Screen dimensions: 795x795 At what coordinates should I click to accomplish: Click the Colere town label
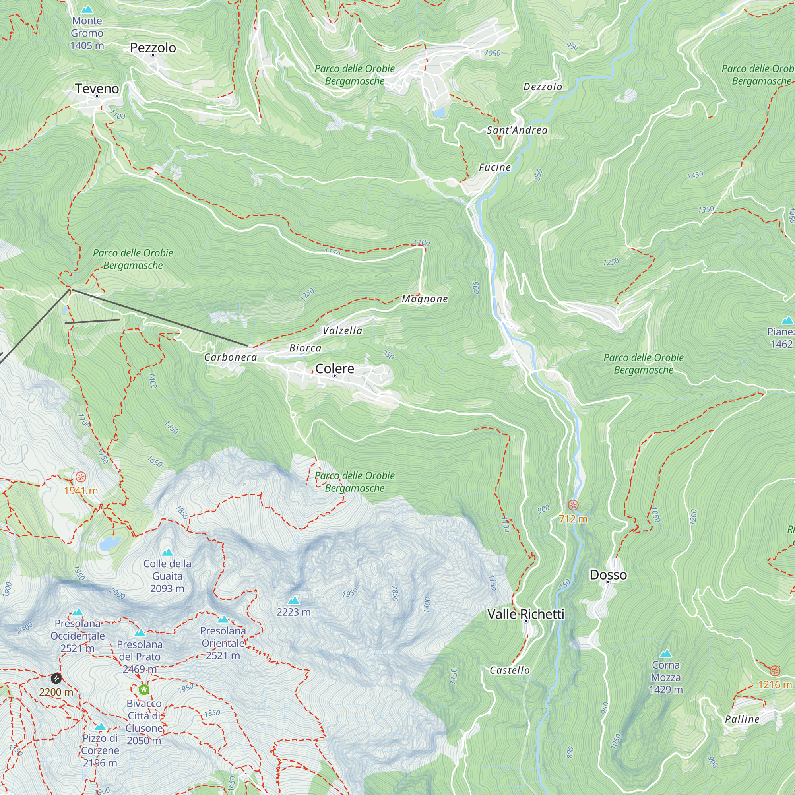335,368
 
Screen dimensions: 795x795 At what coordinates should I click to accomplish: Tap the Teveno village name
97,89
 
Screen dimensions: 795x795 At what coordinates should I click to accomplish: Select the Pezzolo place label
153,48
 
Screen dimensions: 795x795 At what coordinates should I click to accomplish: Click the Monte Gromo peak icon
86,9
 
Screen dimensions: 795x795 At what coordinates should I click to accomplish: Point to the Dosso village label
608,575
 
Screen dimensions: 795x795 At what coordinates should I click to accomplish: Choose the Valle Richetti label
525,614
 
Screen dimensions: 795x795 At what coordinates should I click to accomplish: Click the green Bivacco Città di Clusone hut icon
143,689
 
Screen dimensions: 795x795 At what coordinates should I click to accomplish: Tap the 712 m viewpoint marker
573,505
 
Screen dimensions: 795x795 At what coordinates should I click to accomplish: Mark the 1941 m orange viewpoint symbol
81,477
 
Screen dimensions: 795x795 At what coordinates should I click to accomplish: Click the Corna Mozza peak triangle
665,653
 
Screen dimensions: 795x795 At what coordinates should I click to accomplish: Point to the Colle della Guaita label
167,576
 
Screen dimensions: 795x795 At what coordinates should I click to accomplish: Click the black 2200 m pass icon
56,678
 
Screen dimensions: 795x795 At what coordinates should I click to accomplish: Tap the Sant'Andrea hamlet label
517,130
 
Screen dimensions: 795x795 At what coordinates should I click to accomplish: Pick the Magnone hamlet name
425,299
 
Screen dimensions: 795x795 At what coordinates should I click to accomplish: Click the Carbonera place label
231,357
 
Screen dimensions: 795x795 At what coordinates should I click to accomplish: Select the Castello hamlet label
510,670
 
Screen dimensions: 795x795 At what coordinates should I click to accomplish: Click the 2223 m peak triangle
293,601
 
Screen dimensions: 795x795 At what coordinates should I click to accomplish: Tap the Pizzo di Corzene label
100,750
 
